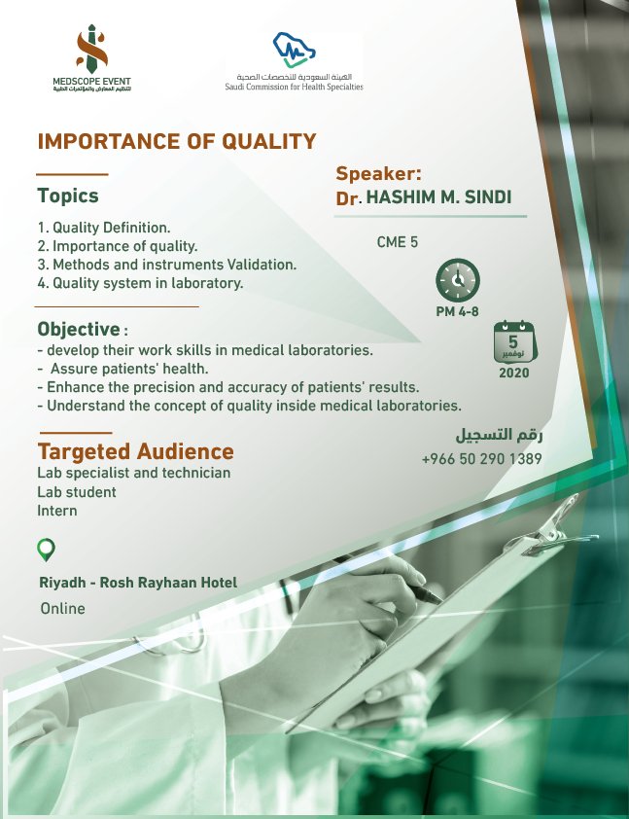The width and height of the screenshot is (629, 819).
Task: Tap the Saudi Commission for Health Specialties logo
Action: coord(288,63)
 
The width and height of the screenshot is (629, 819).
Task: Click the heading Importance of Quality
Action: coord(177,141)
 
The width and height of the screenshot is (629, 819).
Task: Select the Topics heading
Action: coord(68,196)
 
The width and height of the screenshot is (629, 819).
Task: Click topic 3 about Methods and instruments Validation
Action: coord(166,265)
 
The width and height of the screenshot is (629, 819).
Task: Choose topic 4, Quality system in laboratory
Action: coord(140,283)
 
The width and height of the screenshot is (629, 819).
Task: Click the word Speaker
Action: coord(379,174)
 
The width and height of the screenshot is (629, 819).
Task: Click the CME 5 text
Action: coord(398,242)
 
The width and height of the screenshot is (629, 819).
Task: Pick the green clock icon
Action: coord(457,280)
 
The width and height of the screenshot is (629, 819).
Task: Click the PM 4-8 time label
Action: coord(457,312)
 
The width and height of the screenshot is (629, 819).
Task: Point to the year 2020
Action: coord(514,373)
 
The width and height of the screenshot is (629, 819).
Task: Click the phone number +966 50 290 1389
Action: coord(481,459)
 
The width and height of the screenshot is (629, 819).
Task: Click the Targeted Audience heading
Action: coord(135,451)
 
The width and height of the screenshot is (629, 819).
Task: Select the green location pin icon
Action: coord(46,550)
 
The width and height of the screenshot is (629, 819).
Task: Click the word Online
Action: coord(62,609)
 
